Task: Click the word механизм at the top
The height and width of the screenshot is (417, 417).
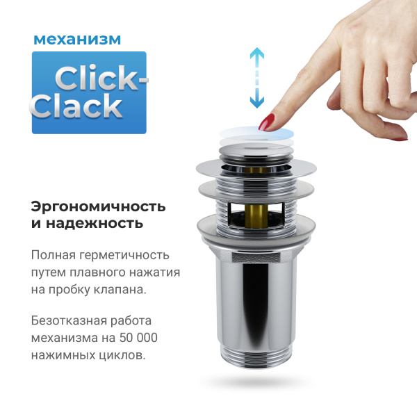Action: point(76,39)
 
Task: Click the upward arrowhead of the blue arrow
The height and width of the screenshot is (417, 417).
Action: point(257,53)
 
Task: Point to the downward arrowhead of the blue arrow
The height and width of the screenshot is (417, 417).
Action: point(257,102)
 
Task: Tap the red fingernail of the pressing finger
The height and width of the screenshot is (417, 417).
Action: point(266,124)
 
